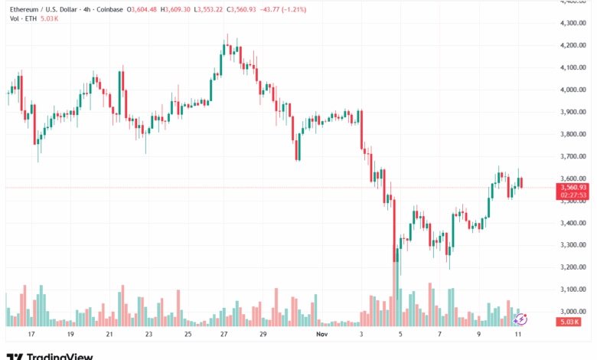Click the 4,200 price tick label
coord(573,45)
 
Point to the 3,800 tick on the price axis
coord(573,134)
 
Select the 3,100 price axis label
coord(573,290)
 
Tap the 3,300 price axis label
coord(573,245)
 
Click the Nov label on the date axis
coord(322,334)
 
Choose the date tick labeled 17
coord(31,334)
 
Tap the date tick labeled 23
coord(148,334)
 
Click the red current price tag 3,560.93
coord(573,187)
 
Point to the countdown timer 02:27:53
coord(573,195)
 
